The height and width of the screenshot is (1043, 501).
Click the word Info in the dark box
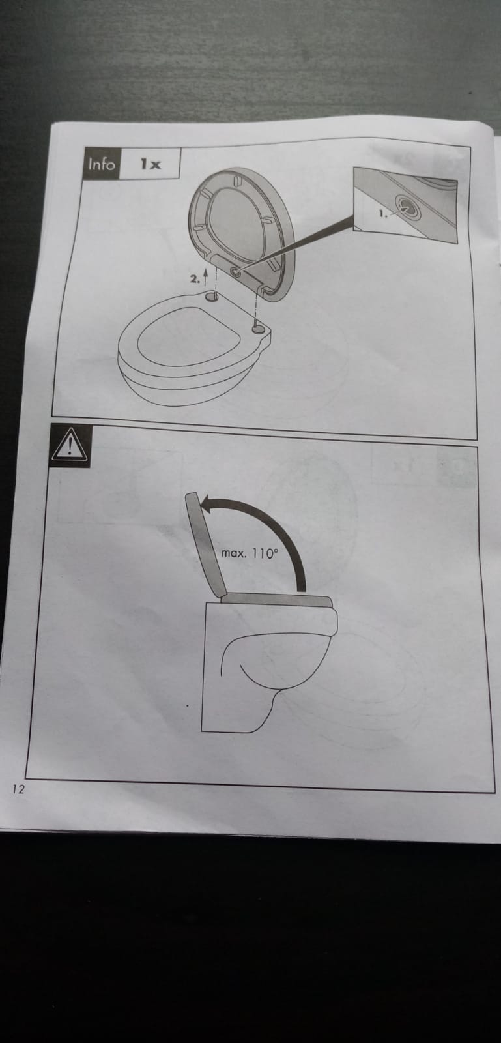(102, 164)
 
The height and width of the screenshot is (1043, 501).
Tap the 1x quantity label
(150, 164)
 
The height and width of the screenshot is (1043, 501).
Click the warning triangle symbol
(70, 446)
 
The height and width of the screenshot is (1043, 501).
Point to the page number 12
(19, 789)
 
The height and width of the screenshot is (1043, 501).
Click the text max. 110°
(250, 553)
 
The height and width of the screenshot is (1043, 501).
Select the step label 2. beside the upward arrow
(194, 280)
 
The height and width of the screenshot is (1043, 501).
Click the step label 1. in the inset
(382, 214)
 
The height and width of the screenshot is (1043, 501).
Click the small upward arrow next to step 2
(205, 276)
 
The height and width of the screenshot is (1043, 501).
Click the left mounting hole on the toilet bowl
(212, 295)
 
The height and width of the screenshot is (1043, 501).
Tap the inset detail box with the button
(405, 205)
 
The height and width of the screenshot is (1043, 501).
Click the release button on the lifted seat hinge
(235, 272)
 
